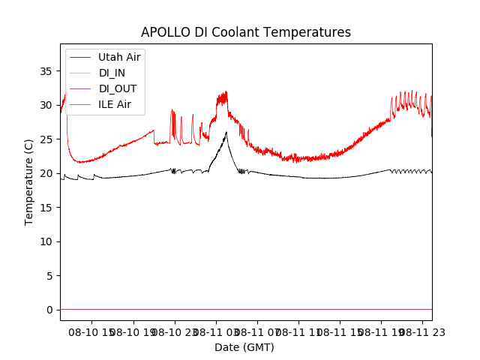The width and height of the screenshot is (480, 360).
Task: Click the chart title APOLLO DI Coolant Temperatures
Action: click(x=246, y=32)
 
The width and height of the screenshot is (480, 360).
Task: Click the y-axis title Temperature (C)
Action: click(x=29, y=181)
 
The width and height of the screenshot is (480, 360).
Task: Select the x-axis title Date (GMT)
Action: click(x=244, y=347)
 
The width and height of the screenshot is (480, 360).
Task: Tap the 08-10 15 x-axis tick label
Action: click(x=92, y=331)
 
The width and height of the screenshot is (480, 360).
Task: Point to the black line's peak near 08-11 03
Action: click(x=226, y=133)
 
